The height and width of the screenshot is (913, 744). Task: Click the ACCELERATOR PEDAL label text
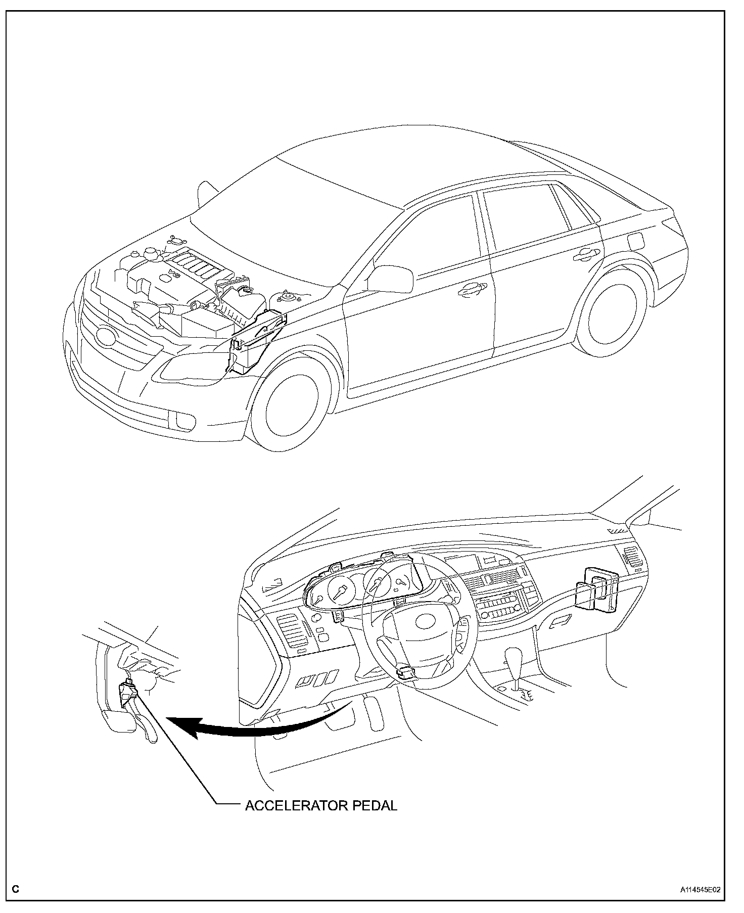click(321, 806)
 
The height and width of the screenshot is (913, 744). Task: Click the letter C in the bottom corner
click(16, 889)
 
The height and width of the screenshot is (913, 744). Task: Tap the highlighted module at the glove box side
click(598, 589)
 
